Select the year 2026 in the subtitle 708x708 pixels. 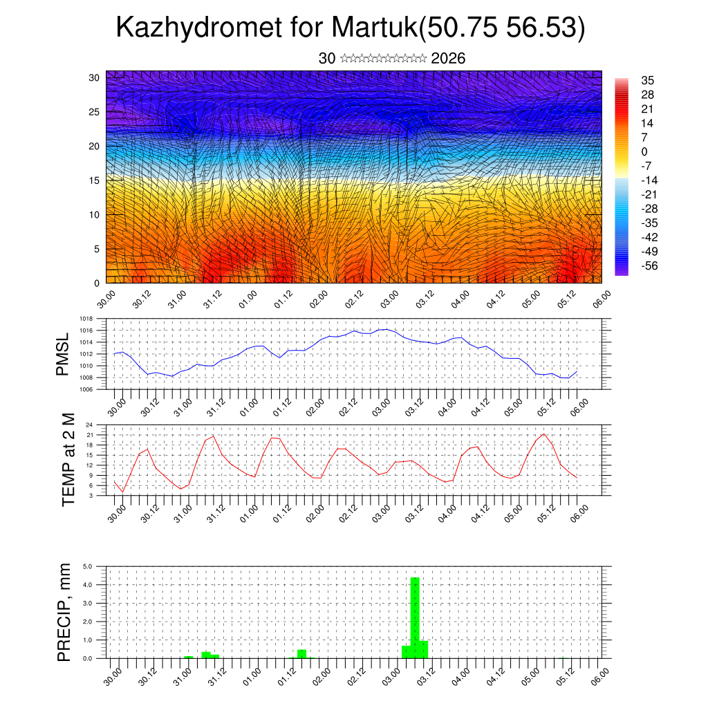coord(448,59)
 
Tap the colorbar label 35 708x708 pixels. coord(648,80)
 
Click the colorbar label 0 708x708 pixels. coord(644,151)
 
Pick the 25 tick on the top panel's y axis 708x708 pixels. coord(95,111)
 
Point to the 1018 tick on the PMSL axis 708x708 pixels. coord(86,319)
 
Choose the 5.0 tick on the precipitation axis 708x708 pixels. coord(88,566)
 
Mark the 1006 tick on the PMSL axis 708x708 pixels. coord(86,389)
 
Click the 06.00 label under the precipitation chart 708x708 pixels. coord(599,673)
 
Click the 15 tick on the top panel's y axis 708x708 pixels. coord(95,180)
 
